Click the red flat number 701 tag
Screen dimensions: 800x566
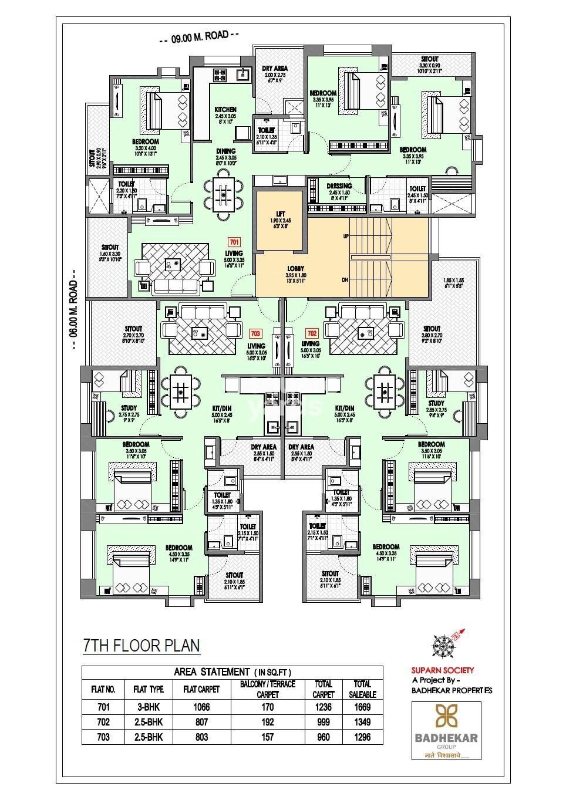(x=234, y=242)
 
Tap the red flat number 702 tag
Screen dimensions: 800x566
(x=312, y=333)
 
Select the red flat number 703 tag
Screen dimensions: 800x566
(x=255, y=333)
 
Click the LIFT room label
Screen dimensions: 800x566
(x=280, y=214)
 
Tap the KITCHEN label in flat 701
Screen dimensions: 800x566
(x=225, y=110)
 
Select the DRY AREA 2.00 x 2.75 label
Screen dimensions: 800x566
(x=274, y=69)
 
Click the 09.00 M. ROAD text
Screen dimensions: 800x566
(x=200, y=39)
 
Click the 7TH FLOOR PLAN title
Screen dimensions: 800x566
(x=141, y=646)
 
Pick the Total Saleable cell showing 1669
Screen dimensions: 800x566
(x=362, y=707)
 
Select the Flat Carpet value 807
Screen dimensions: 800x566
(x=201, y=723)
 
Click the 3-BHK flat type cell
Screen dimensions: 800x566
(x=148, y=707)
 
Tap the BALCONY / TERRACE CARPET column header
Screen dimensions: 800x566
(x=267, y=689)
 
